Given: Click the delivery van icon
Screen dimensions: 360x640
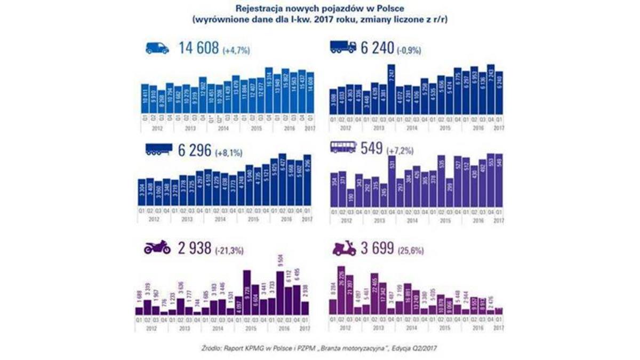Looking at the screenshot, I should [x=157, y=48].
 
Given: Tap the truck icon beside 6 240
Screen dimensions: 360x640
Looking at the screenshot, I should [x=343, y=47].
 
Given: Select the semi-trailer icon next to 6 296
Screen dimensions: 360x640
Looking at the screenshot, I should [x=158, y=151].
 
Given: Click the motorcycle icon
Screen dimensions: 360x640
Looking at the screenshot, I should [x=157, y=247].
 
